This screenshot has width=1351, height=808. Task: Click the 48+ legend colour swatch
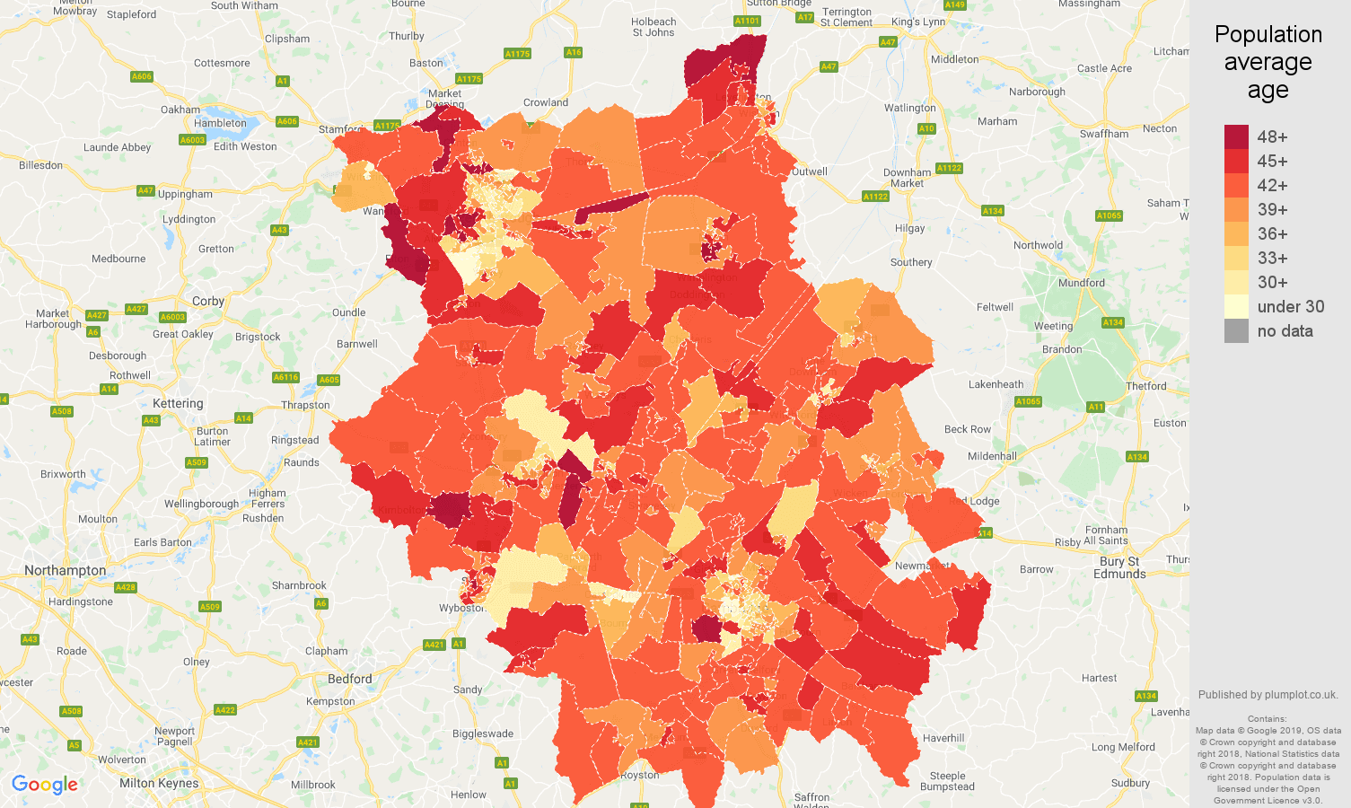[x=1236, y=136]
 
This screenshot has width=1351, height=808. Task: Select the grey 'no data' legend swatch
[x=1236, y=330]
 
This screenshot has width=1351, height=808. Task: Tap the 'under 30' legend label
[x=1290, y=306]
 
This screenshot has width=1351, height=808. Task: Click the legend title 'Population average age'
[x=1268, y=62]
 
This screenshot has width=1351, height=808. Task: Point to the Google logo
[x=45, y=785]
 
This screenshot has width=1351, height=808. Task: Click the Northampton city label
[x=65, y=570]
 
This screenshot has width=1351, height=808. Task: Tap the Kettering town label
[x=178, y=403]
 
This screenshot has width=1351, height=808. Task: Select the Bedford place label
[x=350, y=679]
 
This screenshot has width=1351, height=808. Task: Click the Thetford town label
[x=1145, y=386]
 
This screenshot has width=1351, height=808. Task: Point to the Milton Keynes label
[x=159, y=783]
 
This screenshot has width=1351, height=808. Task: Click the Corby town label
[x=207, y=301]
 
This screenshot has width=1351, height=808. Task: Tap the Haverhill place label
[x=943, y=738]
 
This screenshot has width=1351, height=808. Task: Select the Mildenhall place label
[x=992, y=456]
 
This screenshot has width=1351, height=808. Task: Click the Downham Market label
[x=907, y=178]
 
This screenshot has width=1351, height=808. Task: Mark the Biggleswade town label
[x=483, y=733]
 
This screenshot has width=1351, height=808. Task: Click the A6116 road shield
[x=285, y=377]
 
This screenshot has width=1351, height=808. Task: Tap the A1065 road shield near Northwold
[x=1109, y=215]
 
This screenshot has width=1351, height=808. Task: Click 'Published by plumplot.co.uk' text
[x=1268, y=694]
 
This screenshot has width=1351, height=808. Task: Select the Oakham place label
[x=180, y=110]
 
